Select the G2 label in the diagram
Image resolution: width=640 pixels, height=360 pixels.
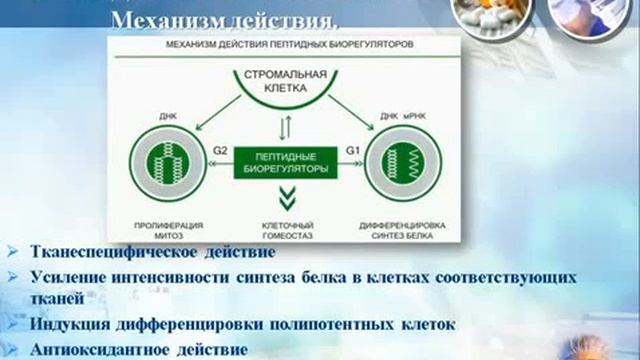[221, 152]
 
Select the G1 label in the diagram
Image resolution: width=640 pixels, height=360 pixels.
[352, 152]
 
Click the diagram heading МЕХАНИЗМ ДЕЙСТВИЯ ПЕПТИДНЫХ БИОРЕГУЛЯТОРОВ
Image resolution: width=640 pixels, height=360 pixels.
[286, 47]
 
